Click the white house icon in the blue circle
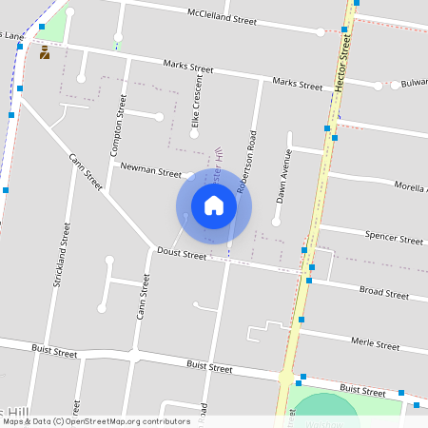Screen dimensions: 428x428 [214, 204]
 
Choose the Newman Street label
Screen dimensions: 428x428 [150, 172]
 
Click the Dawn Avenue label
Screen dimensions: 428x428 [282, 176]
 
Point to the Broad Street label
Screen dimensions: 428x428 [383, 292]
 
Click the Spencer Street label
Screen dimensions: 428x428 [394, 237]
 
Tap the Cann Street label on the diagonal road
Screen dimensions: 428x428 [86, 171]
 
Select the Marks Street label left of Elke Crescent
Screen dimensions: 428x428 [187, 68]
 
